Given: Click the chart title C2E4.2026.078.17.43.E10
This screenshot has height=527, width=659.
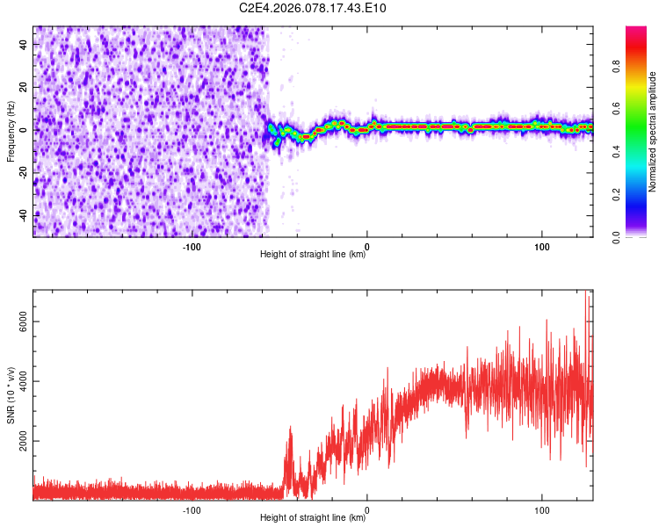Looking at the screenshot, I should tap(313, 8).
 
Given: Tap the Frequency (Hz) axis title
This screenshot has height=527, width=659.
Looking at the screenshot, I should tap(11, 132).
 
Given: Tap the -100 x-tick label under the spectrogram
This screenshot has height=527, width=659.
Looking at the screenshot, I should tap(192, 247).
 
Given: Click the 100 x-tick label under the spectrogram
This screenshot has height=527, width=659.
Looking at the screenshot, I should tap(542, 247).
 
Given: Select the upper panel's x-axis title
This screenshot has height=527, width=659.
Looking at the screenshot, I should tap(313, 255).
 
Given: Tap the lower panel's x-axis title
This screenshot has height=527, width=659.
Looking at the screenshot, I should tap(313, 518).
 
